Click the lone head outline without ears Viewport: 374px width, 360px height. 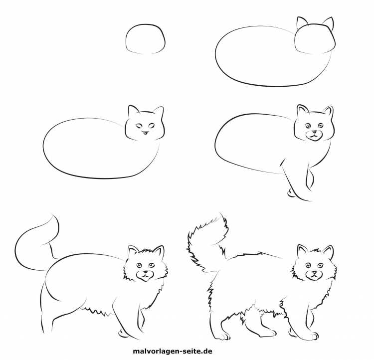point(145,25)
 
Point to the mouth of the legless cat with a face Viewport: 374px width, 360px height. point(145,132)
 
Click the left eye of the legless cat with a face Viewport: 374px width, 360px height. point(139,126)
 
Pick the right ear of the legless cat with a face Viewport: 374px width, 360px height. point(160,111)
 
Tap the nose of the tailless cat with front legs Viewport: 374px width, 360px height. point(315,132)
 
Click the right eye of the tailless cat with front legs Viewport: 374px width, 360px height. point(320,125)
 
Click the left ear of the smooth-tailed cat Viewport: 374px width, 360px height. point(133,250)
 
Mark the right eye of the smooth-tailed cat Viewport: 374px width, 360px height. point(152,265)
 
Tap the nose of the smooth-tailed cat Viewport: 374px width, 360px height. point(145,272)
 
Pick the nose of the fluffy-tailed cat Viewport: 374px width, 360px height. point(315,272)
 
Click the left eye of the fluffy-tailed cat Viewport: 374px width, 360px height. point(309,265)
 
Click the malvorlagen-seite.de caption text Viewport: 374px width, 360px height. point(173,351)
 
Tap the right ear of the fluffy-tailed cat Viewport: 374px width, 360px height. point(329,250)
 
